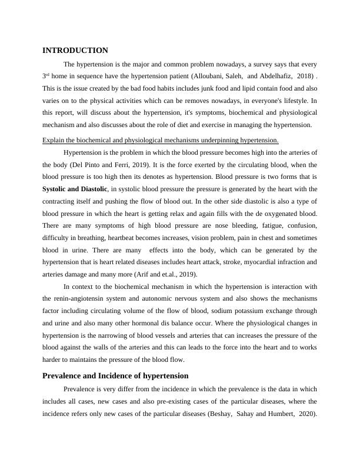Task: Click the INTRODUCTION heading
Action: coord(75,51)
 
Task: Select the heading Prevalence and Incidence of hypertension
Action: coord(115,375)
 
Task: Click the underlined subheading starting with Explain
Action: coord(161,140)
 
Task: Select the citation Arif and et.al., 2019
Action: coord(163,274)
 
